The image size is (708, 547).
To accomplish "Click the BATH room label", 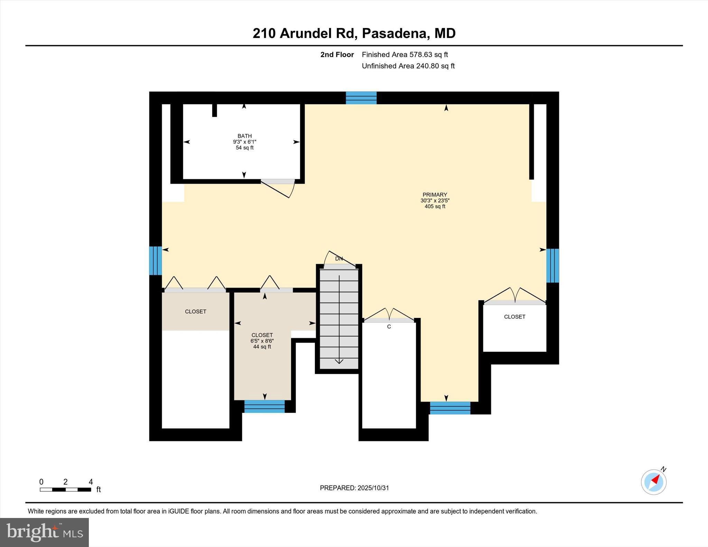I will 244,136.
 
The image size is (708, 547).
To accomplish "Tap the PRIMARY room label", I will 435,195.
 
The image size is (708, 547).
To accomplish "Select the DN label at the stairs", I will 339,259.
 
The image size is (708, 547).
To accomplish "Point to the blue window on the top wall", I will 361,98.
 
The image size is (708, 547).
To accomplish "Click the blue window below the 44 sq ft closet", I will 264,406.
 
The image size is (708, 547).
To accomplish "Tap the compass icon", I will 653,482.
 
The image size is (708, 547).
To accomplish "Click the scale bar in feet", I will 65,489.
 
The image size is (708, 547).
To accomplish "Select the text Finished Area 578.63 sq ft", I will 404,55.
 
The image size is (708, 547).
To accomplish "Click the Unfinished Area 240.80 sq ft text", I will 408,66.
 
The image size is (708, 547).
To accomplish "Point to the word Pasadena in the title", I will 394,34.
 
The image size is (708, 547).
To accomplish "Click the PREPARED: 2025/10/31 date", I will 354,488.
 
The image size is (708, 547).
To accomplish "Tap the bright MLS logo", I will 44,532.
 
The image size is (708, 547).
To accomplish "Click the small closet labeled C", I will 389,327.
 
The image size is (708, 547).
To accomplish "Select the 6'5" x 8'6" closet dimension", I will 262,341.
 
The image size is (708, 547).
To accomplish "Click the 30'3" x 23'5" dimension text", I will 435,200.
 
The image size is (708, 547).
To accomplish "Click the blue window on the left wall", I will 155,261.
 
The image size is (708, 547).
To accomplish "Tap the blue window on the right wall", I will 552,265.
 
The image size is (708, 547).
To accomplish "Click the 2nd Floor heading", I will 337,55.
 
